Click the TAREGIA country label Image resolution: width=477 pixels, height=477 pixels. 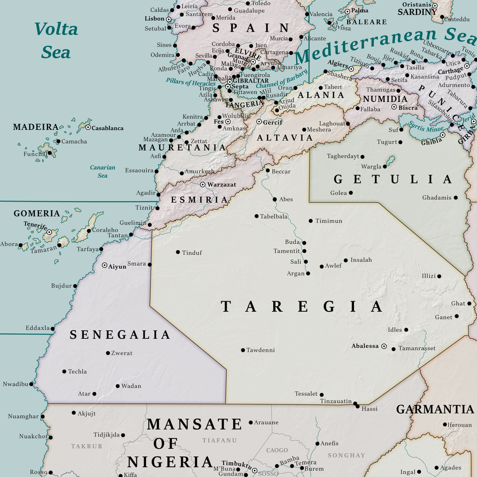pos(301,307)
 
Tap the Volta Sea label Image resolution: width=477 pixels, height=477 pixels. pos(56,40)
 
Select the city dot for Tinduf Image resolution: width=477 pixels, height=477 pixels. pos(178,252)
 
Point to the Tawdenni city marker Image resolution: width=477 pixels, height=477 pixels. pos(242,350)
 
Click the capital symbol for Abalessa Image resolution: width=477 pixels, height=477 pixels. pos(384,346)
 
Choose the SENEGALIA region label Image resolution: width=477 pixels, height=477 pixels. pos(120,335)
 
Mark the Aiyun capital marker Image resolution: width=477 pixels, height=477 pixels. pos(104,265)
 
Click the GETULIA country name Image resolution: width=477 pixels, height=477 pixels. pos(392,179)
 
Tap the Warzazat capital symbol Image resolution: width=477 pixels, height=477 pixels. pos(203,184)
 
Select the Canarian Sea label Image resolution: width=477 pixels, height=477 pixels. pos(103,171)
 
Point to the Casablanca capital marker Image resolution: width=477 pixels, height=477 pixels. pos(88,127)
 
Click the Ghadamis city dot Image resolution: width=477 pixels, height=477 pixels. pos(456,197)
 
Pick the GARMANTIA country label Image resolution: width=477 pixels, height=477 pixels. pos(435,409)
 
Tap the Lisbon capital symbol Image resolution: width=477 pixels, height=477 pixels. pos(168,19)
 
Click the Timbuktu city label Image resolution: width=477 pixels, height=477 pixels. pos(236,464)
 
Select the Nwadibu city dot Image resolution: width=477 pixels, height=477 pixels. pos(31,384)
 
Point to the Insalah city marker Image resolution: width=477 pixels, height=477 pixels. pos(346,260)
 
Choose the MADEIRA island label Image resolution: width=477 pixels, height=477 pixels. pos(35,127)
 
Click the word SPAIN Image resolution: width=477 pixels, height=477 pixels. pos(250,28)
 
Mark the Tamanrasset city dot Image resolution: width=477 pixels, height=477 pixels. pos(394,349)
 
